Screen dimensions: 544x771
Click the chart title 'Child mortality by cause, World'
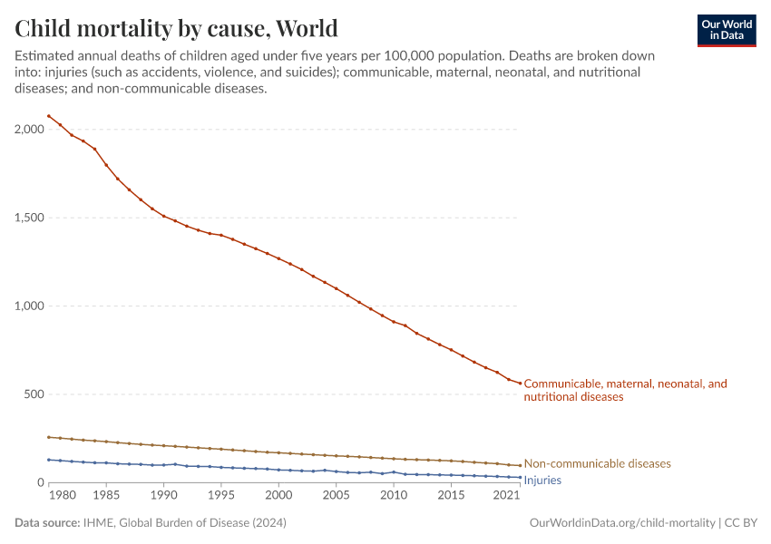click(x=176, y=28)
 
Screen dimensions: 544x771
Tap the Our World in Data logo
click(x=726, y=30)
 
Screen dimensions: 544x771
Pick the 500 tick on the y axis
click(x=33, y=394)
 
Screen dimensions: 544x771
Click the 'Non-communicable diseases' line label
click(x=597, y=464)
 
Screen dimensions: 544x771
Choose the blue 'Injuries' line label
click(x=542, y=481)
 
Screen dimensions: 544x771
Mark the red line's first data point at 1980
click(x=49, y=116)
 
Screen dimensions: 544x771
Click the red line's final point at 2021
click(x=520, y=384)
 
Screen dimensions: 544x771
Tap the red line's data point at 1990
click(x=164, y=216)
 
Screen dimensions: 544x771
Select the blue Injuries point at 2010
click(x=394, y=471)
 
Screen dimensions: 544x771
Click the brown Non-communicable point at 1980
click(x=49, y=437)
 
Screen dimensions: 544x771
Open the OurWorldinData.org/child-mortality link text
click(x=622, y=523)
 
